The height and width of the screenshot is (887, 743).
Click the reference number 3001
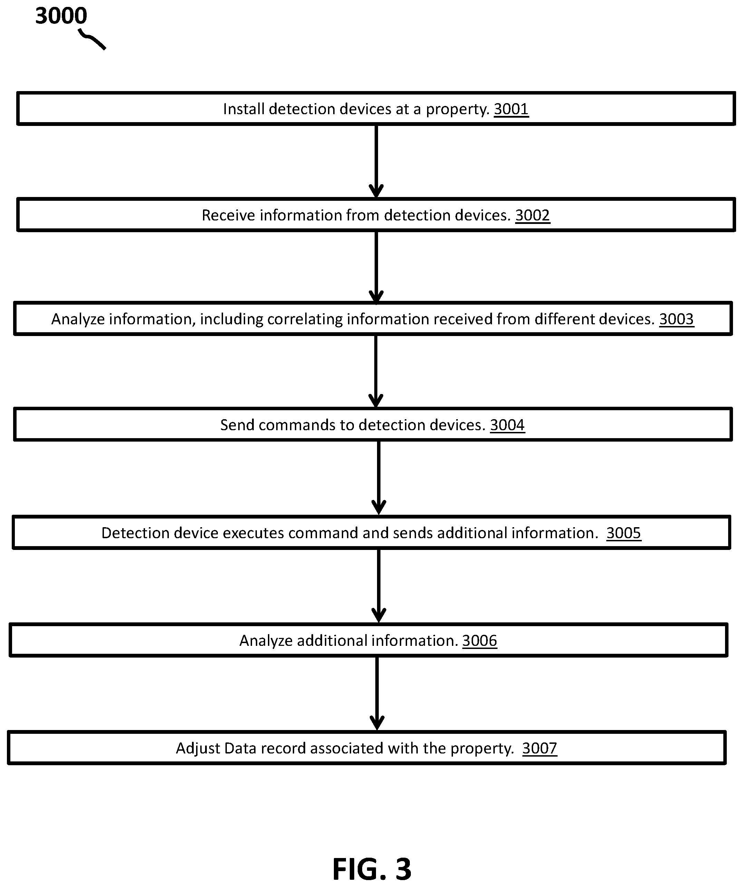[x=511, y=109]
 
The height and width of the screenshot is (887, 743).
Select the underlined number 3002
[x=532, y=215]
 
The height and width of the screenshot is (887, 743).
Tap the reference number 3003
[x=677, y=319]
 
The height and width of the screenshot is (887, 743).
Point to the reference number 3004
[x=508, y=425]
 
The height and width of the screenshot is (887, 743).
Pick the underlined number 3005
[x=624, y=533]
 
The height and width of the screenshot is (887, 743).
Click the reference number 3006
[x=480, y=641]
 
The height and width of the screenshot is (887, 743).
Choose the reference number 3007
[x=540, y=748]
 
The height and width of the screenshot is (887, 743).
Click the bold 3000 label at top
[x=61, y=16]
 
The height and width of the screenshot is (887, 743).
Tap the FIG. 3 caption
[x=372, y=869]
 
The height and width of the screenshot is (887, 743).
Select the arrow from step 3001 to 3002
[x=376, y=161]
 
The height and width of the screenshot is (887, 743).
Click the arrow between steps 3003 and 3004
[x=376, y=371]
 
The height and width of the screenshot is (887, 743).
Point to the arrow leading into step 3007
[x=377, y=693]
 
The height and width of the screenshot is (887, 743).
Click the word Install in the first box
[x=244, y=109]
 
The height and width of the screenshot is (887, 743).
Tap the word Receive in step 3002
[x=229, y=215]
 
